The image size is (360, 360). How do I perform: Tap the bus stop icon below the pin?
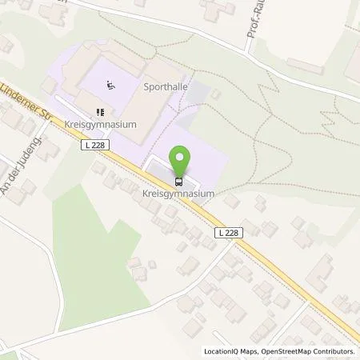click(180, 180)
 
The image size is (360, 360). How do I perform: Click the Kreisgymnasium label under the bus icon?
click(180, 194)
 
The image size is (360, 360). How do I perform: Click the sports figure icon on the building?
click(110, 82)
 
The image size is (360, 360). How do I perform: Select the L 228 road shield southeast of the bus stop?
click(227, 231)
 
